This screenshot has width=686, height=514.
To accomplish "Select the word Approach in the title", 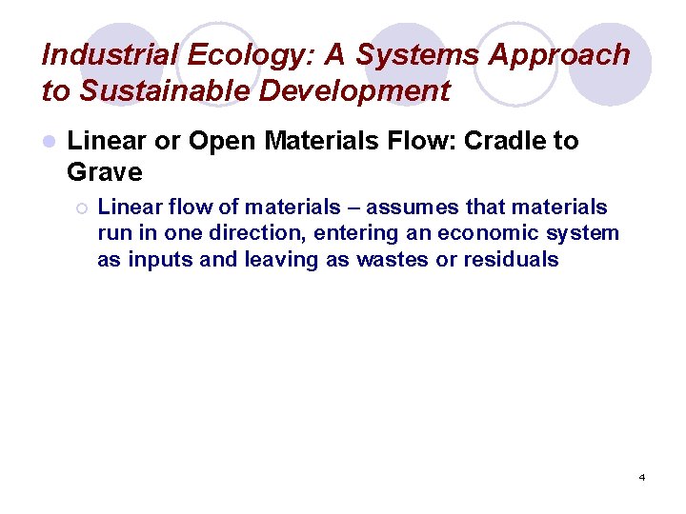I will [x=559, y=55].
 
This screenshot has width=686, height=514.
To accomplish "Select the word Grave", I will [x=105, y=173].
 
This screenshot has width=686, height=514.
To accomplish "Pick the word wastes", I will [x=393, y=259].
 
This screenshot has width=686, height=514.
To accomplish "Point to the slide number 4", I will [x=641, y=477].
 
